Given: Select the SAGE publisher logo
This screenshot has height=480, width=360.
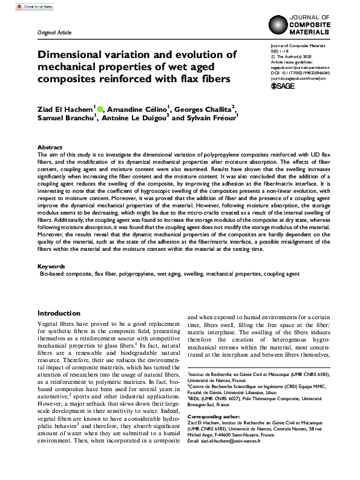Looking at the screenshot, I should click(283, 86).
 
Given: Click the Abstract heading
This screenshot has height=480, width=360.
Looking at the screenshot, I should click(50, 147).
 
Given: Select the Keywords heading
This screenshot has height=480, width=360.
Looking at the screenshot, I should click(51, 266).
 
